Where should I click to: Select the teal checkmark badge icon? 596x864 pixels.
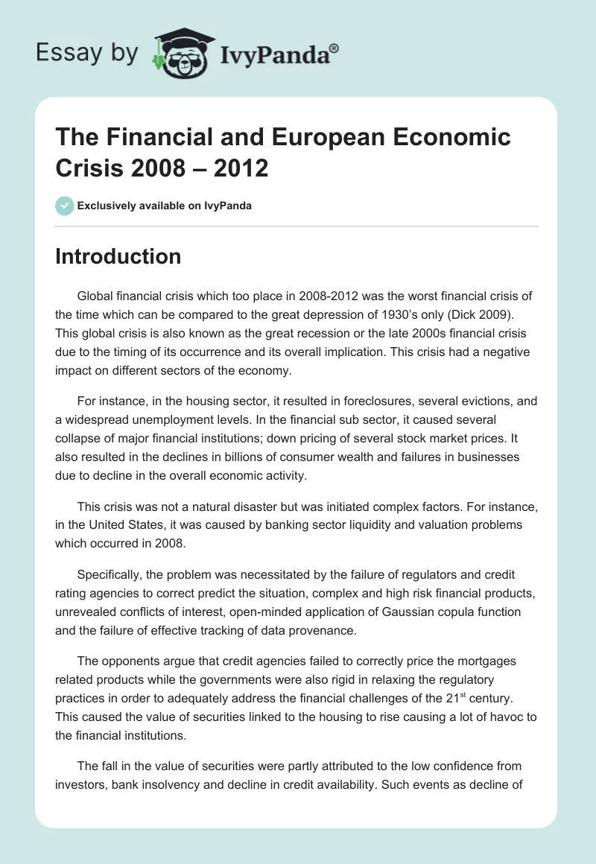tap(64, 206)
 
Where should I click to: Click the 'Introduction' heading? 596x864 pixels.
tap(118, 256)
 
